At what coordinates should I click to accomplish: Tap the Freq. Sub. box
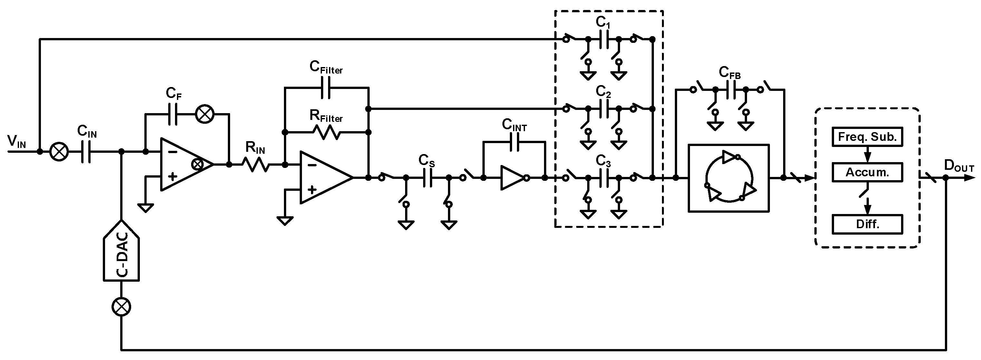pyautogui.click(x=867, y=137)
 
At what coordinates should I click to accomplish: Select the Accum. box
pyautogui.click(x=867, y=172)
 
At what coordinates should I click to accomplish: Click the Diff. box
pyautogui.click(x=867, y=224)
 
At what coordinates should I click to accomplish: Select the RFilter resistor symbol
pyautogui.click(x=326, y=132)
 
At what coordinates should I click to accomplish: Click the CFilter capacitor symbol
pyautogui.click(x=326, y=87)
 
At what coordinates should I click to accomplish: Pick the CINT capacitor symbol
pyautogui.click(x=514, y=142)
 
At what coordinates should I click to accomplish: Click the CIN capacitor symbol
pyautogui.click(x=86, y=151)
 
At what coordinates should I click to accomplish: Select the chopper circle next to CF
pyautogui.click(x=205, y=114)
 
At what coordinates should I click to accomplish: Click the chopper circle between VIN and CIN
pyautogui.click(x=59, y=151)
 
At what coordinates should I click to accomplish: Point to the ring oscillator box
pyautogui.click(x=729, y=178)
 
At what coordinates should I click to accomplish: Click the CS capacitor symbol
pyautogui.click(x=428, y=178)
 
